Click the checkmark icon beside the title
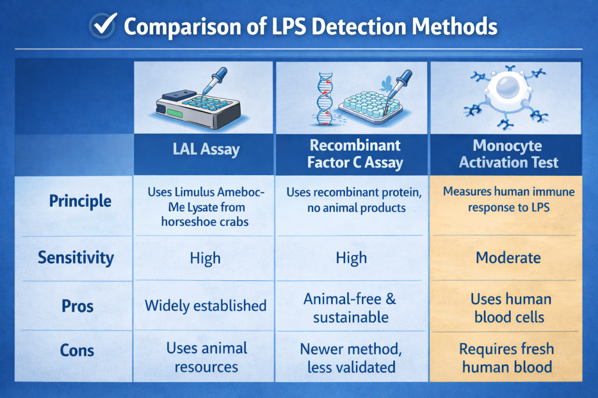coord(103,25)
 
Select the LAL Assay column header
coord(206,149)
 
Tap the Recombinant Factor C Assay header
coord(355,154)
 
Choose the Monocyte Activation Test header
coord(508,154)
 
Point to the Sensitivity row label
coord(76,258)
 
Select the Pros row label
coord(77,306)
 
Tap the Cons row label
coord(77,350)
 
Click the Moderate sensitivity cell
coord(508,258)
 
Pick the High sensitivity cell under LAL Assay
coord(205,258)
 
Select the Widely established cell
coord(205,305)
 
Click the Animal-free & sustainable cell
coord(350,308)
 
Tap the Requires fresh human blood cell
coord(507,358)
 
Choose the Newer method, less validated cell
coord(351,358)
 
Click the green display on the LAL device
coord(175,113)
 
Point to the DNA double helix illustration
coord(324,99)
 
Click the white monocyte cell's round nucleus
coord(507,87)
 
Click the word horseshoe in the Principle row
coord(186,222)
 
